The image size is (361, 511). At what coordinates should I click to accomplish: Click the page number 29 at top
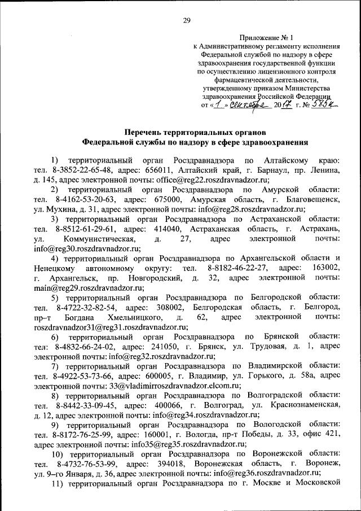(187, 21)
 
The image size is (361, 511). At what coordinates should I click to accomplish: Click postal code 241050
(164, 347)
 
